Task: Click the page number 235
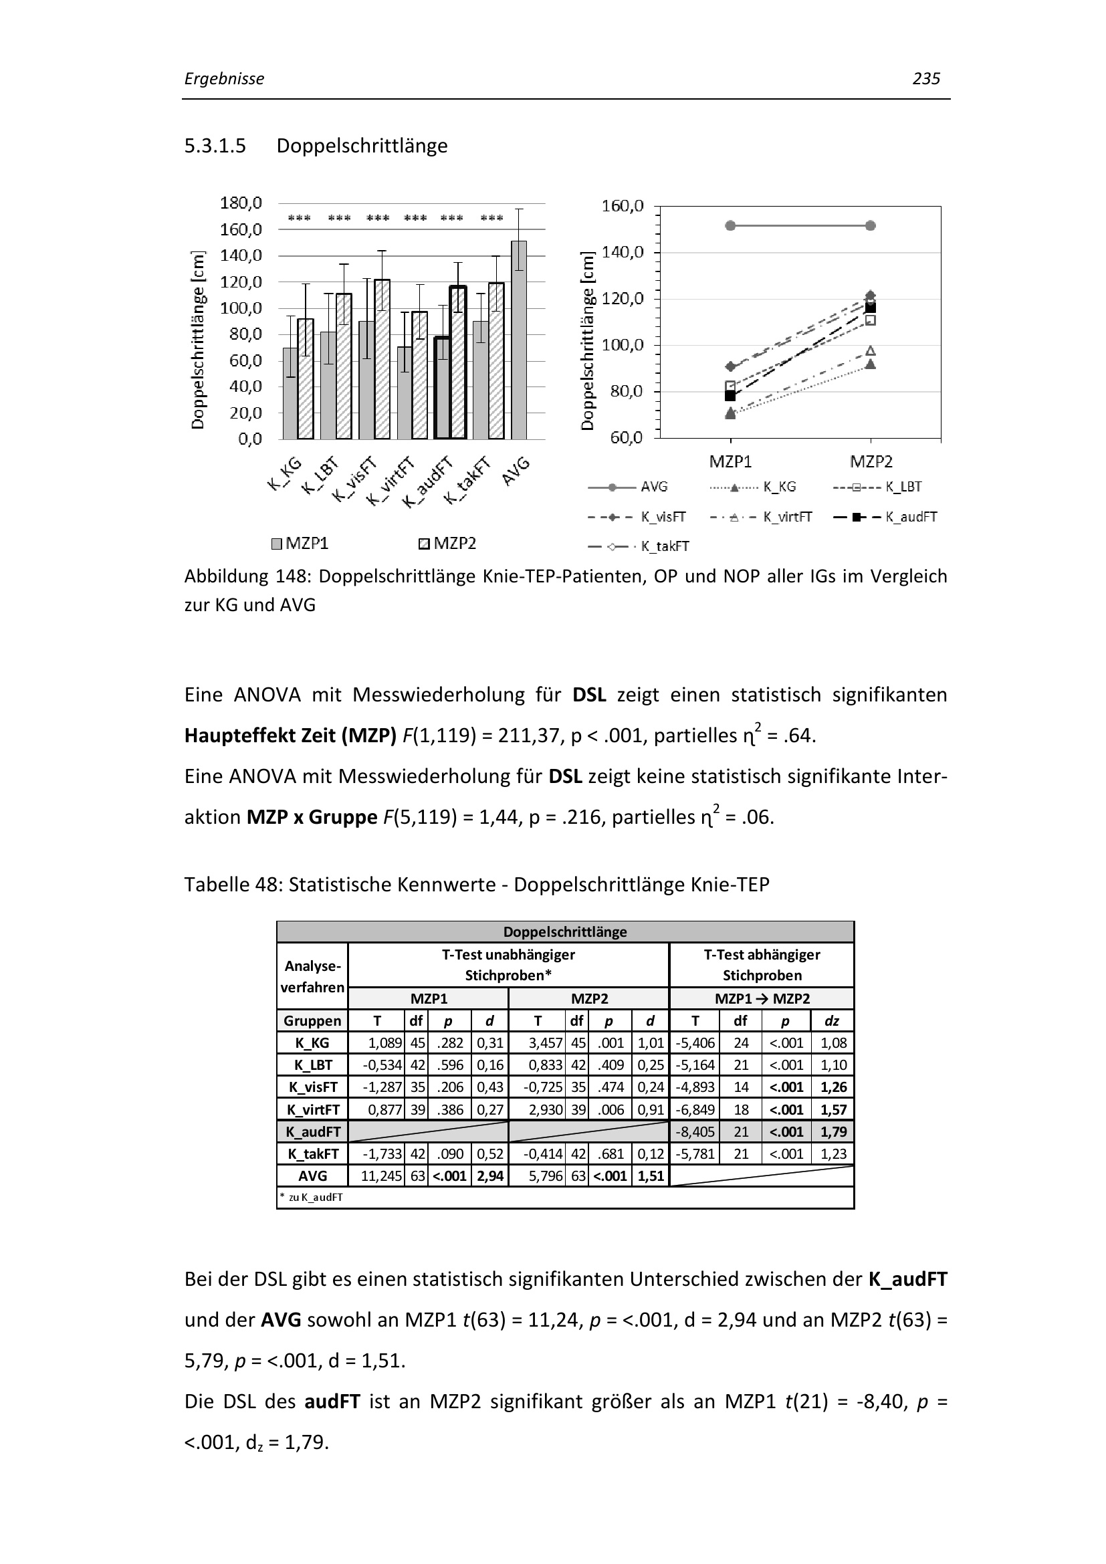click(x=925, y=79)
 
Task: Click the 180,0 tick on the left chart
click(x=241, y=203)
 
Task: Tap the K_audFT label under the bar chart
click(x=428, y=482)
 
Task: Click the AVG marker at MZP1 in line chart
click(x=730, y=225)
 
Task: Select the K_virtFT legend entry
click(x=762, y=517)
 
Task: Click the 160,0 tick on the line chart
click(x=622, y=206)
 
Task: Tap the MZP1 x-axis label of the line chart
click(x=730, y=462)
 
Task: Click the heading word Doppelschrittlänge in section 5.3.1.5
click(x=362, y=146)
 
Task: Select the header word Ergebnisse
click(x=224, y=79)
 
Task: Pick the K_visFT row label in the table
click(x=312, y=1087)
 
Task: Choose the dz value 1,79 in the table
click(x=833, y=1131)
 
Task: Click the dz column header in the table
click(x=832, y=1020)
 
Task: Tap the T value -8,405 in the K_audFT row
click(x=695, y=1131)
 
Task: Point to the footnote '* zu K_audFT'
click(x=311, y=1197)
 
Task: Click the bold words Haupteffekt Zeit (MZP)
click(x=290, y=736)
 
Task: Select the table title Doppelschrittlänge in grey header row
click(x=564, y=932)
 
